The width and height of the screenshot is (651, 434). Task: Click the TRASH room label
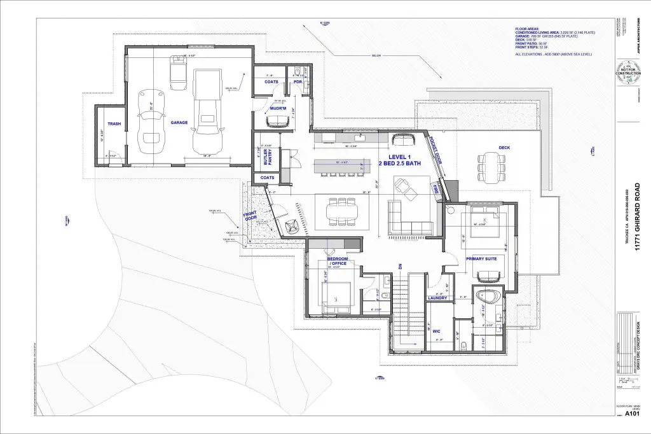[114, 124]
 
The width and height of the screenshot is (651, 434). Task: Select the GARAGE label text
[179, 122]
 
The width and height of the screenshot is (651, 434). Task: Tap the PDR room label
[297, 81]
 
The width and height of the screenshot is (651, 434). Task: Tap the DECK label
[504, 148]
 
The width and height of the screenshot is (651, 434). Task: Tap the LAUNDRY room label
[437, 298]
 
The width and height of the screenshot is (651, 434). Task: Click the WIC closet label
[436, 331]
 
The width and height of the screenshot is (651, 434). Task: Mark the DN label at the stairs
[401, 267]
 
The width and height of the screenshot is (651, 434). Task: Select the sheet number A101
[631, 414]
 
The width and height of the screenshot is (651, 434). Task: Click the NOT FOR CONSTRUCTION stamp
[628, 71]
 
